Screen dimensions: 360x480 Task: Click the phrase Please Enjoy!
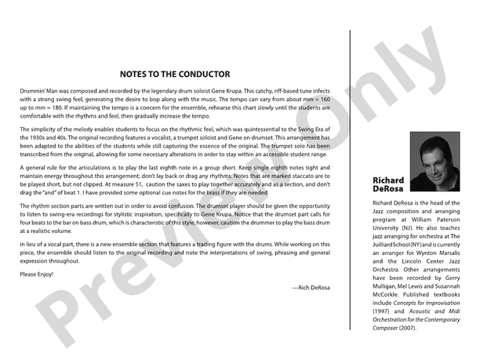[x=36, y=274]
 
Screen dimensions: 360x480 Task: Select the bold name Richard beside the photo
[x=389, y=180]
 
